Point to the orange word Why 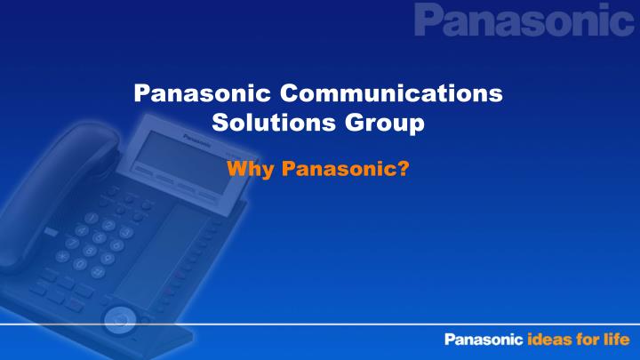[x=248, y=168]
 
